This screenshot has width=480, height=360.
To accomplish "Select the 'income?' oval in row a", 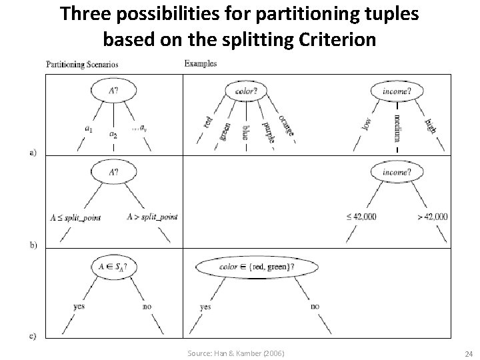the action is [397, 90].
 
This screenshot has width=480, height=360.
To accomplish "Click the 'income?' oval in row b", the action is [397, 172].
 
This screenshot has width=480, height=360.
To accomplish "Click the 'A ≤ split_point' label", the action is [75, 217].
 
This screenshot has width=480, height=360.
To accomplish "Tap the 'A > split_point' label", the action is [151, 217].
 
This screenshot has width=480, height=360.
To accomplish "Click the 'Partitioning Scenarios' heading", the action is [82, 65].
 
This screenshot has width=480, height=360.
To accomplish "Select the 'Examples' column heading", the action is [200, 64].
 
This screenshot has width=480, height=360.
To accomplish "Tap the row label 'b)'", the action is [34, 245].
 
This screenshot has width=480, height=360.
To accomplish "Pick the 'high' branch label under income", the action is [430, 124].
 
